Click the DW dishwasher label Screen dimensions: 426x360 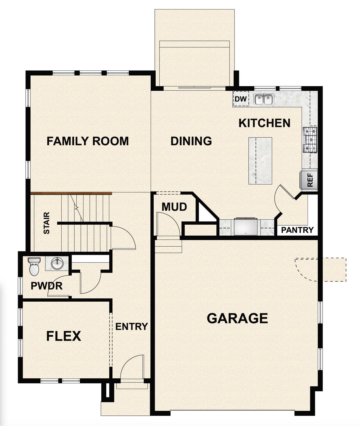pos(241,99)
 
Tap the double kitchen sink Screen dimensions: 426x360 pos(264,99)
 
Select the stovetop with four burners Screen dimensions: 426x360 pos(310,139)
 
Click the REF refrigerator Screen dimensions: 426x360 pos(309,180)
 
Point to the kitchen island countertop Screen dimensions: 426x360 pos(260,160)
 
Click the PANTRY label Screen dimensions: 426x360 pos(297,230)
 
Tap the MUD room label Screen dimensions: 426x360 pos(174,207)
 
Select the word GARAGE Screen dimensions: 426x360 pos(237,318)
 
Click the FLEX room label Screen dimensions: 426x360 pos(64,336)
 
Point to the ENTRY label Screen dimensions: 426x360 pos(131,327)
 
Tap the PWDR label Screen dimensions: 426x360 pos(46,286)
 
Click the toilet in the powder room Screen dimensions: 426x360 pos(34,266)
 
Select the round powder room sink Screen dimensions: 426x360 pos(57,263)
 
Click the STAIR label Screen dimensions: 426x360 pos(46,223)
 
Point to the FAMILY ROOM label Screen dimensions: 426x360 pos(88,141)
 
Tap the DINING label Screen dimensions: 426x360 pos(191,141)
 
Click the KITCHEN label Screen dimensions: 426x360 pos(264,123)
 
